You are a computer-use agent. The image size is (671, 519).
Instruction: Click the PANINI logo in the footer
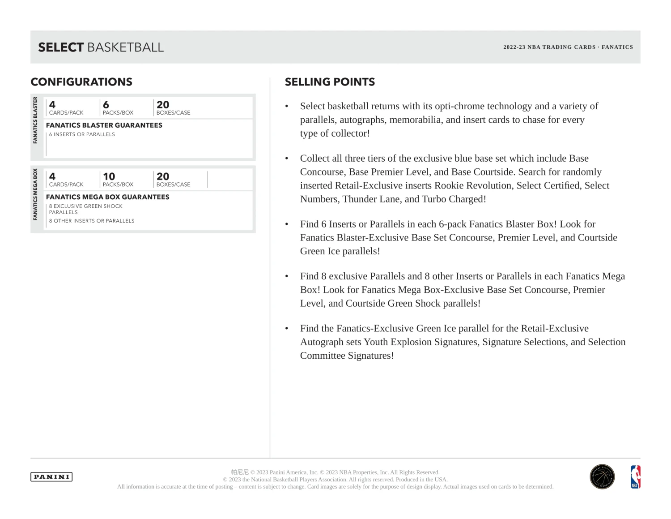click(x=51, y=477)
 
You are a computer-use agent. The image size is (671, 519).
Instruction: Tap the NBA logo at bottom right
click(x=635, y=477)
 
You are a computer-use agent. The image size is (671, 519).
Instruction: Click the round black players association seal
click(x=602, y=477)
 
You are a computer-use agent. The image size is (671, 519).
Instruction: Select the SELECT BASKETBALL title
click(x=101, y=47)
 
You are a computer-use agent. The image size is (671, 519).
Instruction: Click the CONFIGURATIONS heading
click(x=81, y=82)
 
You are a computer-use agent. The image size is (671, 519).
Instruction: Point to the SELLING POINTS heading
click(x=330, y=82)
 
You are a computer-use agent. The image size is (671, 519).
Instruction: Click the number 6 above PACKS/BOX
click(x=106, y=105)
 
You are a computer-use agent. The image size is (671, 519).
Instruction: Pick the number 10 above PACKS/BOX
click(x=109, y=176)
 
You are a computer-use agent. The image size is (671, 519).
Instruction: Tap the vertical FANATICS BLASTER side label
click(x=35, y=120)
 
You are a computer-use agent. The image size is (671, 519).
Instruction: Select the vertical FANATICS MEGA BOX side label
click(x=35, y=194)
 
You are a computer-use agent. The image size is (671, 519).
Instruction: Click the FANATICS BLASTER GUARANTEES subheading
click(x=104, y=125)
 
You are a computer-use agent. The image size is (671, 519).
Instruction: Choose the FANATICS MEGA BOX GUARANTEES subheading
click(x=107, y=197)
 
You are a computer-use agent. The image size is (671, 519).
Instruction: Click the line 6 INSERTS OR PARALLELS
click(x=82, y=134)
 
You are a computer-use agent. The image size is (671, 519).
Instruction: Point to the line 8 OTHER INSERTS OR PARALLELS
click(x=92, y=221)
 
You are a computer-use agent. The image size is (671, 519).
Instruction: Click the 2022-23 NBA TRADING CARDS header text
click(x=549, y=47)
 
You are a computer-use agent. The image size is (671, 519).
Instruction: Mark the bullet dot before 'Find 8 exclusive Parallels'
click(x=287, y=277)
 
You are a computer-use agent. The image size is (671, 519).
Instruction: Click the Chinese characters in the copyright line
click(x=240, y=472)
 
